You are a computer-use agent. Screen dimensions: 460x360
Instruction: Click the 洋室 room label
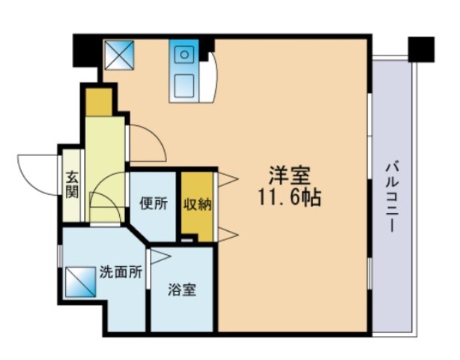(x=289, y=175)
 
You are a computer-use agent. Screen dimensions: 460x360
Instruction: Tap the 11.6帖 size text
(x=289, y=196)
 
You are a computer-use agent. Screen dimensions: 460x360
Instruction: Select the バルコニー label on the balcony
(x=392, y=197)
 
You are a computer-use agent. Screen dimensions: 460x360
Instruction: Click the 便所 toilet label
(x=154, y=204)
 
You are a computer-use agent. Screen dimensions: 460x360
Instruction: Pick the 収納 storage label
(x=198, y=204)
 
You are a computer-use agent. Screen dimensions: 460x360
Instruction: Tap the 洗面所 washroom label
(x=121, y=272)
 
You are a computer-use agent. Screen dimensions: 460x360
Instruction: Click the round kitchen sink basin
(x=184, y=55)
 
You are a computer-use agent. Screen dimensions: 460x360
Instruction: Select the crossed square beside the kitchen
(x=119, y=55)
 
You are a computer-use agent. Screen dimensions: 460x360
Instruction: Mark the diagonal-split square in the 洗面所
(x=81, y=282)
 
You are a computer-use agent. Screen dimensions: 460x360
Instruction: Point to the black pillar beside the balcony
(x=421, y=49)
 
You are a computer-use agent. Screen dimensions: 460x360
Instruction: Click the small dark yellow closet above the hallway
(x=99, y=102)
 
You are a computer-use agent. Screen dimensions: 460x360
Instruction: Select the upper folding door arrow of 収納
(x=227, y=179)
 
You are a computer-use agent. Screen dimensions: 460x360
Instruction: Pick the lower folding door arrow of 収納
(x=227, y=234)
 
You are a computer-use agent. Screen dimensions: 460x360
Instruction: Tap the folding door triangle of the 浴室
(x=160, y=257)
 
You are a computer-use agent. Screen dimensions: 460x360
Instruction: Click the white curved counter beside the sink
(x=209, y=78)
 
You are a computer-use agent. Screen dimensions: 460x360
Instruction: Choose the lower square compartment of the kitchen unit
(x=184, y=85)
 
